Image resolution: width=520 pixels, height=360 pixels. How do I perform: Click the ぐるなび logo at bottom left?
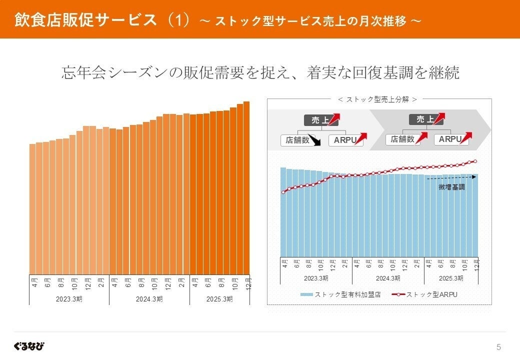(x=29, y=346)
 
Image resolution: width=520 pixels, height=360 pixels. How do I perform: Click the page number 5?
(x=498, y=347)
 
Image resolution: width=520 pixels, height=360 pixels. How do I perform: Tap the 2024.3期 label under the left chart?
(x=149, y=299)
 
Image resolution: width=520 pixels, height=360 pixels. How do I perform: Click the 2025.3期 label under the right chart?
(x=450, y=278)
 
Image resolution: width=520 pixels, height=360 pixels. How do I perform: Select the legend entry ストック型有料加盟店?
(x=341, y=294)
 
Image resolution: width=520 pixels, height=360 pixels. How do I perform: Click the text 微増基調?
(x=451, y=187)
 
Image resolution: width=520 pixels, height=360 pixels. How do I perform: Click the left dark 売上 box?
(x=319, y=120)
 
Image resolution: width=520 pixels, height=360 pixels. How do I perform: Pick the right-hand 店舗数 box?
(x=402, y=139)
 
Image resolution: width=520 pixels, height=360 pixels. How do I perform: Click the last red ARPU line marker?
(x=475, y=161)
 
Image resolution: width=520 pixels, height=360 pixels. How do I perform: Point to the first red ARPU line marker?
(x=283, y=192)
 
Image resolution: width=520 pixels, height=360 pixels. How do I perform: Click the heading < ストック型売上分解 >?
(x=377, y=99)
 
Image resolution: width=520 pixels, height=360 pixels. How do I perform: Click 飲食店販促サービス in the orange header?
(x=86, y=19)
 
